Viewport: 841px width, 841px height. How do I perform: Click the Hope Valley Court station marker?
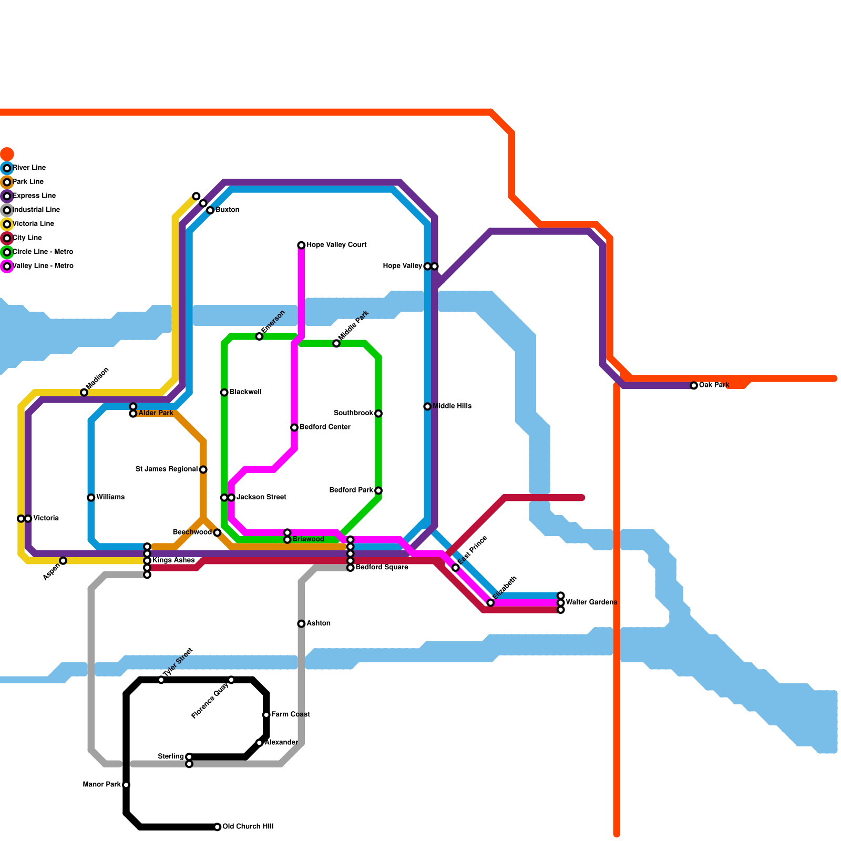tap(301, 245)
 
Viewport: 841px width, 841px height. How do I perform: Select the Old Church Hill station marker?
tap(218, 827)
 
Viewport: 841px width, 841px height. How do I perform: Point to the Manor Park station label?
tap(102, 785)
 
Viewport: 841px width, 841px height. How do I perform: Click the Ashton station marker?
tap(301, 624)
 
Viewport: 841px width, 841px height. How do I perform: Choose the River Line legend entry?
tap(29, 168)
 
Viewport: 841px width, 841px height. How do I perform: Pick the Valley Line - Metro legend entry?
tap(43, 266)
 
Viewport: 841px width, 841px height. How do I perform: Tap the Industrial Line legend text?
tap(36, 210)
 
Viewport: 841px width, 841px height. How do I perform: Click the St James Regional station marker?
tap(203, 469)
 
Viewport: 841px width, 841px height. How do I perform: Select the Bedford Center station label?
tap(325, 427)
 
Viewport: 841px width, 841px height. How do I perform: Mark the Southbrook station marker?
tap(378, 414)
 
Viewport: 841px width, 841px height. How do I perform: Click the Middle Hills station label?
tap(452, 406)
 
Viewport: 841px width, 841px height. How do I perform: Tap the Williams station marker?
tap(91, 498)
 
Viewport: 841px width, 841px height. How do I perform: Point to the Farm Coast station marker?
tap(266, 715)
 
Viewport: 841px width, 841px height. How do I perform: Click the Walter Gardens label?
tap(591, 602)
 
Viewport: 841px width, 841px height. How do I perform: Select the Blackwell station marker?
tap(224, 393)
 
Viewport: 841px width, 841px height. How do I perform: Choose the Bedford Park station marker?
tap(378, 491)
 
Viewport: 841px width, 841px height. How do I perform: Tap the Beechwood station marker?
tap(217, 533)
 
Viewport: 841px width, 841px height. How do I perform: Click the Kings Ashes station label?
tap(173, 560)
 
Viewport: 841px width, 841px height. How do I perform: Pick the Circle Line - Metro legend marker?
tap(7, 252)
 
